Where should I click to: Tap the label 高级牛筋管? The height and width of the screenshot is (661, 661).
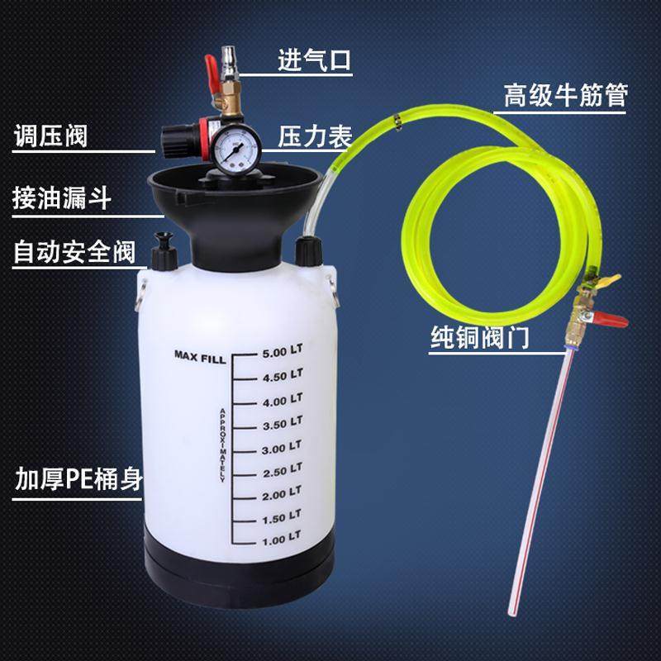[x=566, y=96]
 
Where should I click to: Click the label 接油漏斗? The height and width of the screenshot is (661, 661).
[x=62, y=199]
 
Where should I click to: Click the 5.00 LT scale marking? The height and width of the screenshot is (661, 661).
[x=282, y=354]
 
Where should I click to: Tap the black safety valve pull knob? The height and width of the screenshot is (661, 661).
[x=164, y=241]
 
